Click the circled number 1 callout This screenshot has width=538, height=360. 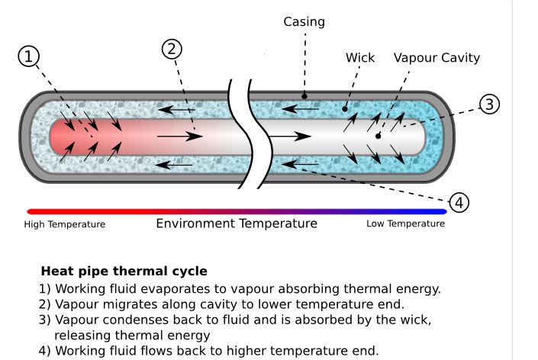click(28, 57)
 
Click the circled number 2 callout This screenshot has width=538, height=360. click(172, 49)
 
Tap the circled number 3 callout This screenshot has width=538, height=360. click(489, 104)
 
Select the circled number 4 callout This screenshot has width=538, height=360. click(459, 202)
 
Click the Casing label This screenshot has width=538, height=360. click(304, 21)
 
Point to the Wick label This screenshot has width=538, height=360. click(360, 58)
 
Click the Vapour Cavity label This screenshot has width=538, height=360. click(437, 58)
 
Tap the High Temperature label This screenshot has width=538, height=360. click(65, 224)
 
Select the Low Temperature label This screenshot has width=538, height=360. click(405, 224)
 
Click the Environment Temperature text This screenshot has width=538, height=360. click(237, 223)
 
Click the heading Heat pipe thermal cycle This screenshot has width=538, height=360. click(124, 271)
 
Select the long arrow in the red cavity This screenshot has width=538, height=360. click(179, 137)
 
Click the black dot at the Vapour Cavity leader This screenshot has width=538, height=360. click(379, 137)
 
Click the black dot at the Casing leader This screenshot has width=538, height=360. click(304, 96)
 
